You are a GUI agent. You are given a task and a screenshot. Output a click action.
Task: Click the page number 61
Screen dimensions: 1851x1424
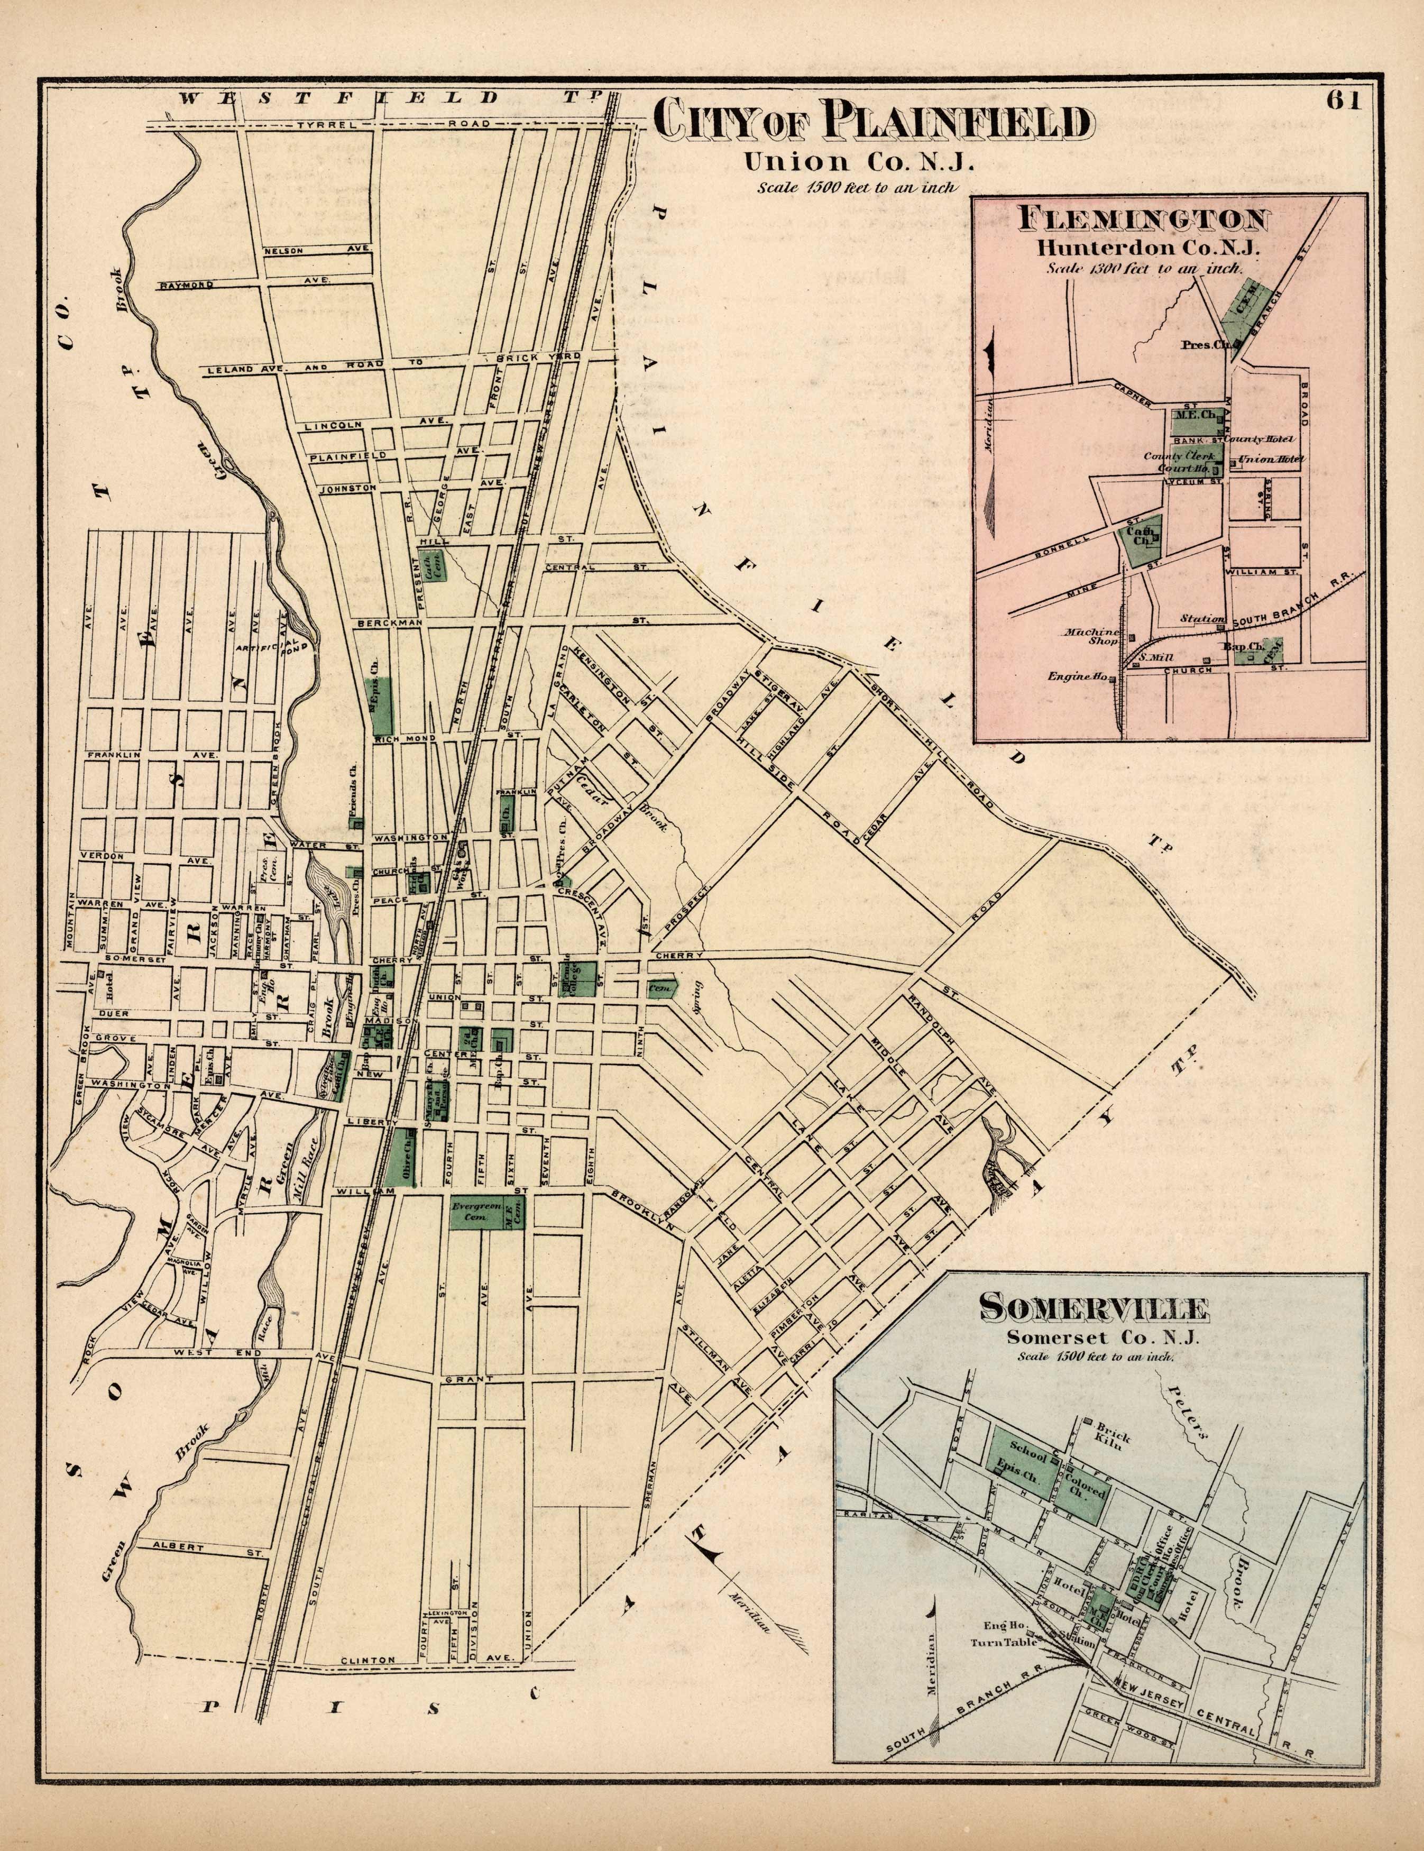coord(1344,100)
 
